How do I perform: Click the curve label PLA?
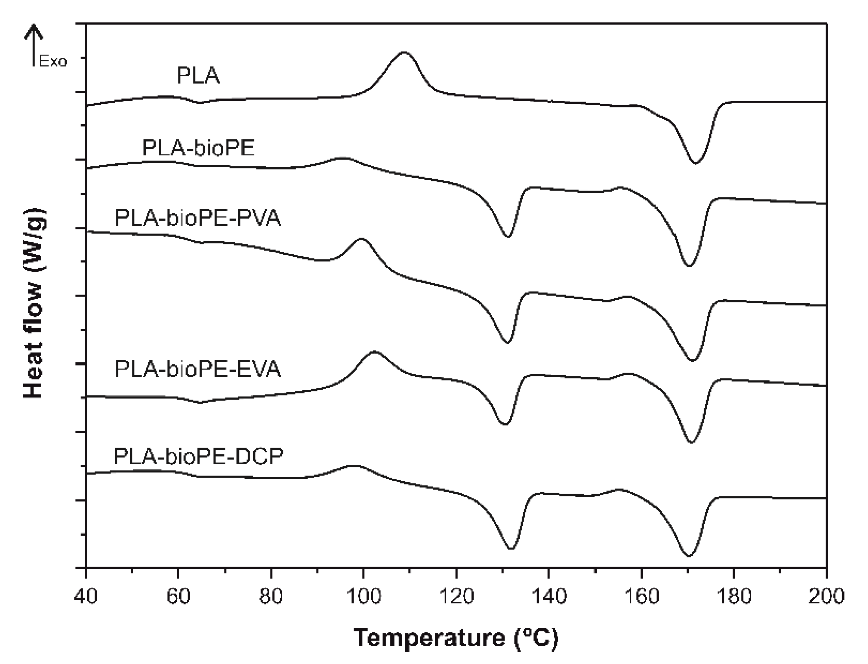198,76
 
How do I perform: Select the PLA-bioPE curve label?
198,148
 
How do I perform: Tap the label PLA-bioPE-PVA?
197,218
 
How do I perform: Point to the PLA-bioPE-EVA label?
197,369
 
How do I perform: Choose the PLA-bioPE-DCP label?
198,456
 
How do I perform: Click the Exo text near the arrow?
53,62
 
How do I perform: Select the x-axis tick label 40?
86,596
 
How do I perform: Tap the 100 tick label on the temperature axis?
363,596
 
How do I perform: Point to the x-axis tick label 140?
549,596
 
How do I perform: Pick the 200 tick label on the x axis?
826,596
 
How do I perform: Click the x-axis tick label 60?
178,596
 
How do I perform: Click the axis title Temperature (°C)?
456,638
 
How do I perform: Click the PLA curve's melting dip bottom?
695,163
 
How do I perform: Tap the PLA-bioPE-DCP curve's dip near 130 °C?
511,549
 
